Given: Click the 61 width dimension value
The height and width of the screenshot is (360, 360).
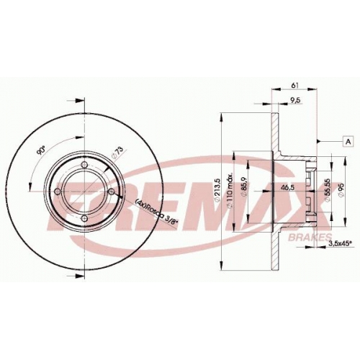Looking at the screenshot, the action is click(294, 85).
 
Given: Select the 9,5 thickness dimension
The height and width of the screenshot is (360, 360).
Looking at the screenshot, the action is click(295, 100).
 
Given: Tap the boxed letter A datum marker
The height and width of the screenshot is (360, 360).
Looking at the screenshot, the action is click(348, 142).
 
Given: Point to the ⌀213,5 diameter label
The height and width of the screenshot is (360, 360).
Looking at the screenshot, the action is click(217, 189).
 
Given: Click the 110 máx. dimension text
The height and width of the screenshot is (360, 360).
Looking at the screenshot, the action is click(230, 190).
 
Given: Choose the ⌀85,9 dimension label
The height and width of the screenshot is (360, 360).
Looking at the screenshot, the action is click(245, 188).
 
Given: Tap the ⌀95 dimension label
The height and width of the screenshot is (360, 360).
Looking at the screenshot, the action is click(341, 190).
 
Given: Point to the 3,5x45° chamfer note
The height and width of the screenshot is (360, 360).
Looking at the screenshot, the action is click(340, 243).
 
